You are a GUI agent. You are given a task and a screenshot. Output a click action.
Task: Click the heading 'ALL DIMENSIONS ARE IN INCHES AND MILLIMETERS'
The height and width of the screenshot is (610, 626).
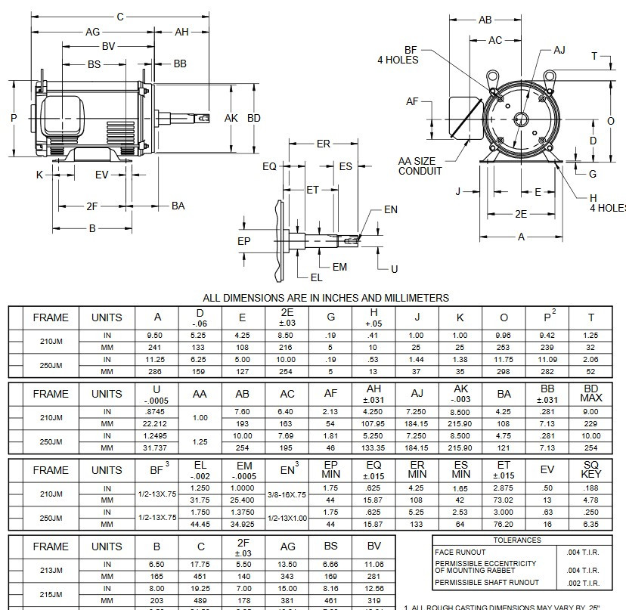326,298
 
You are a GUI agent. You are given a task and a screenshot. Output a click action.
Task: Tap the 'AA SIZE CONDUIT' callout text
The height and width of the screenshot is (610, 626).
420,166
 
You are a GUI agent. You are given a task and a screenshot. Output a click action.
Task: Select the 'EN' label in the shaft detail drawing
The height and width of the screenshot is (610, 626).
390,209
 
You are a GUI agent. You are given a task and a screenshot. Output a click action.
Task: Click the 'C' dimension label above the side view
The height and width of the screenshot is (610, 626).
119,16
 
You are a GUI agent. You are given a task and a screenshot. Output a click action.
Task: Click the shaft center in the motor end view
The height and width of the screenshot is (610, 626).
521,119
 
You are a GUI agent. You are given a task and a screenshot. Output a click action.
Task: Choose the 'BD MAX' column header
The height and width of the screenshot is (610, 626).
590,394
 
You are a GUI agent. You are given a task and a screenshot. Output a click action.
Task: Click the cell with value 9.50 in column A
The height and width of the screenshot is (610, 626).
157,335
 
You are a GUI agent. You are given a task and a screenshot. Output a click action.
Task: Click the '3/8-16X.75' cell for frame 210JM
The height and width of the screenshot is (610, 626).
287,494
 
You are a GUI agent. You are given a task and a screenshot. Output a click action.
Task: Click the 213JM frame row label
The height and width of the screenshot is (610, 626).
51,571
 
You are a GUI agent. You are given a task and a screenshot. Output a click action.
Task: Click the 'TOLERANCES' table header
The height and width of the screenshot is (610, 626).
516,540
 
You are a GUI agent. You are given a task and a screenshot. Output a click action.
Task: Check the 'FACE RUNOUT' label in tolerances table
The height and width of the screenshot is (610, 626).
460,552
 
